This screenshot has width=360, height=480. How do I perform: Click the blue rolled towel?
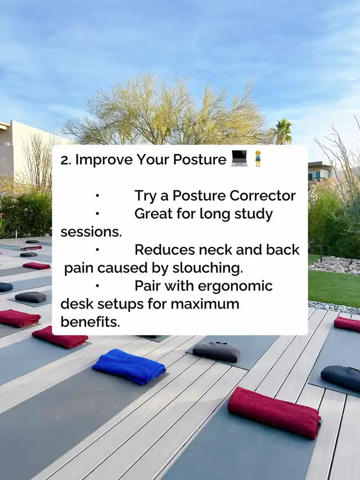129,366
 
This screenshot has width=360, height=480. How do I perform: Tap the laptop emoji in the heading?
239,159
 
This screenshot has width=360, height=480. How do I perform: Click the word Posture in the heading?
200,159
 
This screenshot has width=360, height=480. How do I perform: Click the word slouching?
208,268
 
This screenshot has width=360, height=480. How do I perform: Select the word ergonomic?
235,287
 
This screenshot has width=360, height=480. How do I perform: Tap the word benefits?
90,321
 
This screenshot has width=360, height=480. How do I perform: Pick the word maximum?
205,304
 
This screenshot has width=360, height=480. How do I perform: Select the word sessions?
91,232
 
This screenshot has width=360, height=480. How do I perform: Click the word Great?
154,214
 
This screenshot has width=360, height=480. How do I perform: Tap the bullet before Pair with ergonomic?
97,286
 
